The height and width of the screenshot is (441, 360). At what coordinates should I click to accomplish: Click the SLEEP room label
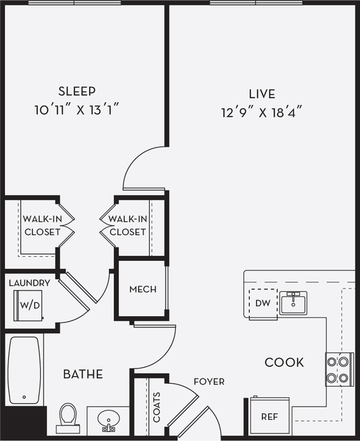point(77,91)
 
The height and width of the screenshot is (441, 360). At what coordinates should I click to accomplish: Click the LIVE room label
point(261,94)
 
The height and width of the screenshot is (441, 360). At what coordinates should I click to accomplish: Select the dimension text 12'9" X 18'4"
point(261,110)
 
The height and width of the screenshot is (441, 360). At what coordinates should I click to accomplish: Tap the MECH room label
point(143,289)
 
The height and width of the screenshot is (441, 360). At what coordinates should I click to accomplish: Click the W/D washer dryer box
point(28,304)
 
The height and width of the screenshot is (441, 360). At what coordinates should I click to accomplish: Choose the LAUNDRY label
point(29,283)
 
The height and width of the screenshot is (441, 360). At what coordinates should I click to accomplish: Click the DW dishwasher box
point(261,302)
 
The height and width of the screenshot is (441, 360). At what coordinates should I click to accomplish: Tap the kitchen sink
point(294,302)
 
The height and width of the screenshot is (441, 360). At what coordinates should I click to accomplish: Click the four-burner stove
point(339,368)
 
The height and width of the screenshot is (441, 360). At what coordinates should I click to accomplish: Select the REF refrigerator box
point(268,417)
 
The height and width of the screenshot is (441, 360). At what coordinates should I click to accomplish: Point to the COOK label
point(285,362)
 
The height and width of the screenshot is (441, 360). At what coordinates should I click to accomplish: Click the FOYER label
point(208,382)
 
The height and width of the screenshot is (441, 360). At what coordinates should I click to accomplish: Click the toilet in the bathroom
point(68,416)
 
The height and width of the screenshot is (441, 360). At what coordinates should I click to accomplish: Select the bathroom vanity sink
point(108,420)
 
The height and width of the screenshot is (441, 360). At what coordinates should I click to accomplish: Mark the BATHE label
point(83,375)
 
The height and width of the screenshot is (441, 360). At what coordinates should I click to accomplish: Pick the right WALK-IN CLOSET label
point(127,226)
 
